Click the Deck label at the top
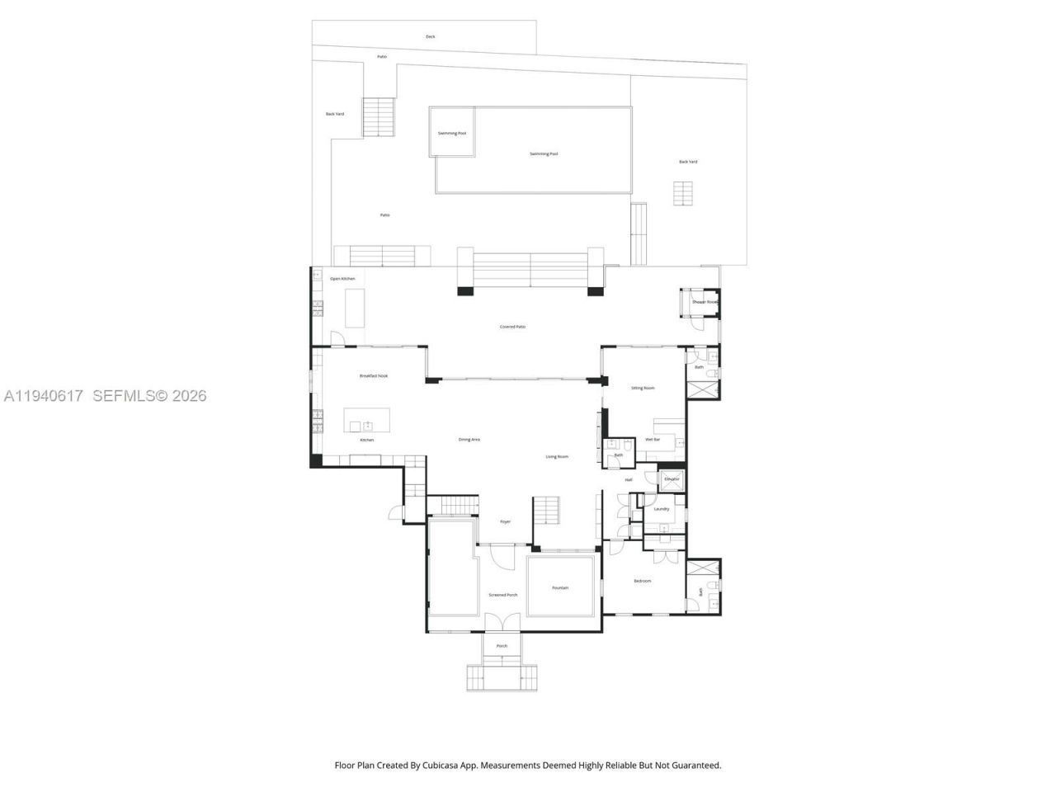[x=430, y=36]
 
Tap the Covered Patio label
[x=512, y=327]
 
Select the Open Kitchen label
[x=342, y=279]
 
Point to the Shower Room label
[x=705, y=302]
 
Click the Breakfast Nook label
[x=373, y=375]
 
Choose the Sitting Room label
[x=643, y=388]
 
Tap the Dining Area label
[x=469, y=440]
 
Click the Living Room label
[x=557, y=456]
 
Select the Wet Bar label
[x=653, y=440]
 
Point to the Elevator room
[x=672, y=479]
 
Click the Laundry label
[x=661, y=509]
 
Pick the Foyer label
[x=505, y=521]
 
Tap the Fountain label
[x=560, y=587]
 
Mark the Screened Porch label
[x=502, y=595]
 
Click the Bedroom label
[x=642, y=581]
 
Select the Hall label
[x=628, y=479]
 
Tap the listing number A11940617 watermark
[x=44, y=396]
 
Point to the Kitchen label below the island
[x=366, y=440]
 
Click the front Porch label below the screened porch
[x=502, y=646]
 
